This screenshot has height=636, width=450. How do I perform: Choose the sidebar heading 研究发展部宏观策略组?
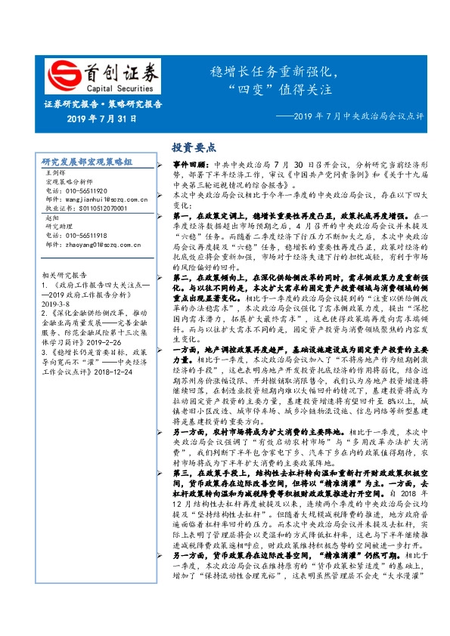87,162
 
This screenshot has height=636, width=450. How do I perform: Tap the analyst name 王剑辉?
57,174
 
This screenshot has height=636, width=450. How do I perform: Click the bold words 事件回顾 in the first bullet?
189,164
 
